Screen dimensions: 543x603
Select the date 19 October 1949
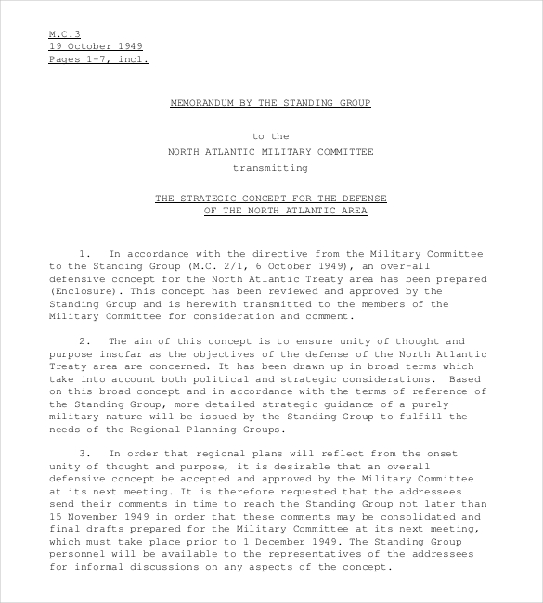(x=97, y=46)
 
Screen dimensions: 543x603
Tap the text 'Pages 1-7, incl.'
(x=98, y=59)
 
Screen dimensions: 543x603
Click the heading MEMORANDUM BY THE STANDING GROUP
(x=271, y=104)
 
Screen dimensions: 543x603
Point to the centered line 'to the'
(x=271, y=137)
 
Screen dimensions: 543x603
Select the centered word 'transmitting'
(x=270, y=169)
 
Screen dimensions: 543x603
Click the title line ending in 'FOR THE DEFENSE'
(x=271, y=199)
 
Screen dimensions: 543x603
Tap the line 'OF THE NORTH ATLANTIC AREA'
(x=286, y=211)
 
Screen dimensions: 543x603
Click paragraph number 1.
(x=84, y=253)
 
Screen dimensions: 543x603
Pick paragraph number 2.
(x=84, y=342)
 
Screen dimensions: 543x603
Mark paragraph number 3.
(x=84, y=453)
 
